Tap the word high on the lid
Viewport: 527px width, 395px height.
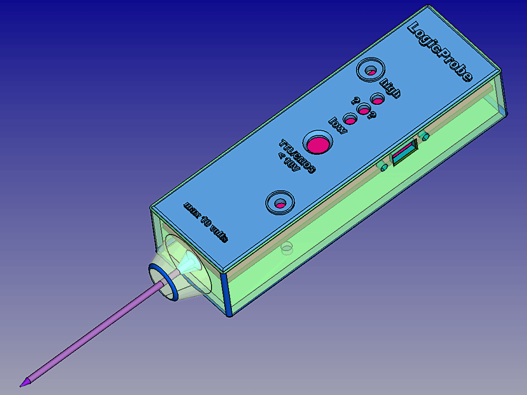tap(391, 87)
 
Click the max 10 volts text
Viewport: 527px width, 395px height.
tap(206, 222)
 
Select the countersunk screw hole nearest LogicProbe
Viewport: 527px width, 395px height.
tap(371, 71)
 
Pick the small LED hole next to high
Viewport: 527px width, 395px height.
tap(377, 99)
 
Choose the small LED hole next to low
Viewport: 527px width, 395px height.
tap(350, 119)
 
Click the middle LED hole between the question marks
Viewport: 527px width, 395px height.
tap(364, 109)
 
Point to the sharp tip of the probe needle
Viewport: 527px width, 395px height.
tap(23, 383)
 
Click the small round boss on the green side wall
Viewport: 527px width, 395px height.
tap(287, 249)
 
